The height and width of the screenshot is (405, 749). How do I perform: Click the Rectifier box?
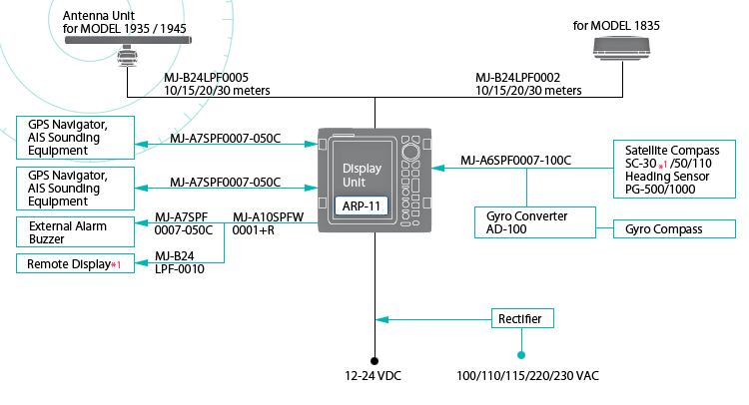[521, 319]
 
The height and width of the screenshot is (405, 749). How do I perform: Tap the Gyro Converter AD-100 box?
[534, 222]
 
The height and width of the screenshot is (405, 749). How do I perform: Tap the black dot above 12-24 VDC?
[374, 360]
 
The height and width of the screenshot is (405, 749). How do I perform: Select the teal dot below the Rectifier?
[521, 354]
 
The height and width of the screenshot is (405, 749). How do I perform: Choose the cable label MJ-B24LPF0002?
[517, 77]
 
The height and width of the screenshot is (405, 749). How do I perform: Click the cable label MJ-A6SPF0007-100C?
[515, 160]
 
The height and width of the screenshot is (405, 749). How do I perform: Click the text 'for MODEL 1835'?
[616, 25]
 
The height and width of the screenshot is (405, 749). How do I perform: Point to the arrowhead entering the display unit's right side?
[439, 168]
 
